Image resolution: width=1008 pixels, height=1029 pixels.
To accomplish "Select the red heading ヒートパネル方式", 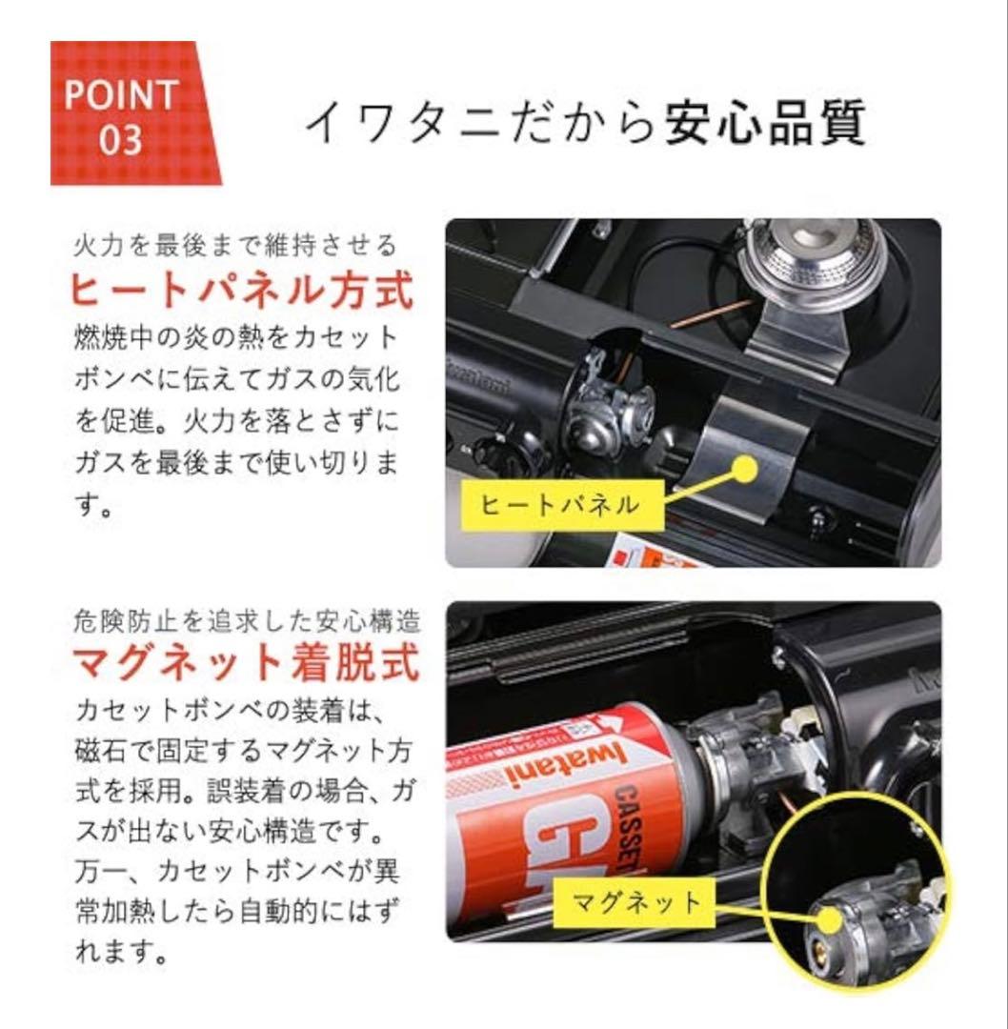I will click(242, 292).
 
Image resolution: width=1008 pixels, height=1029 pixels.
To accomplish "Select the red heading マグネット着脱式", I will click(245, 663).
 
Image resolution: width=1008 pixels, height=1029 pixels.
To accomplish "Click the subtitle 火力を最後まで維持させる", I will click(234, 246).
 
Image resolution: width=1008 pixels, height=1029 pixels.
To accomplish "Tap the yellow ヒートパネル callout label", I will click(559, 504).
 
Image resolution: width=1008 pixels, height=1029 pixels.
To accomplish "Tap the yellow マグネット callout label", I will click(636, 900).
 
